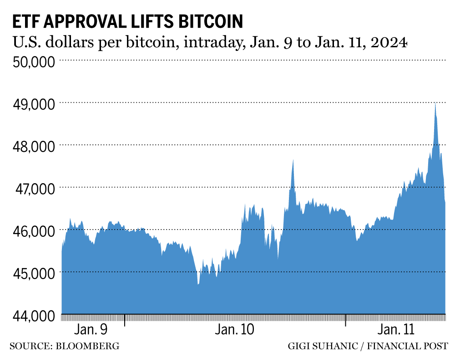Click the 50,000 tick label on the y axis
(x=32, y=61)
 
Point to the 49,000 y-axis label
(x=32, y=104)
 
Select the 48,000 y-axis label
(x=32, y=146)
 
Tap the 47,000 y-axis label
(x=32, y=188)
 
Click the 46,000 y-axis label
(x=32, y=230)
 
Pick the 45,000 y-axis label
(x=32, y=273)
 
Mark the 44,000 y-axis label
(x=32, y=315)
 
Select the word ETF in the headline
(x=25, y=21)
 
